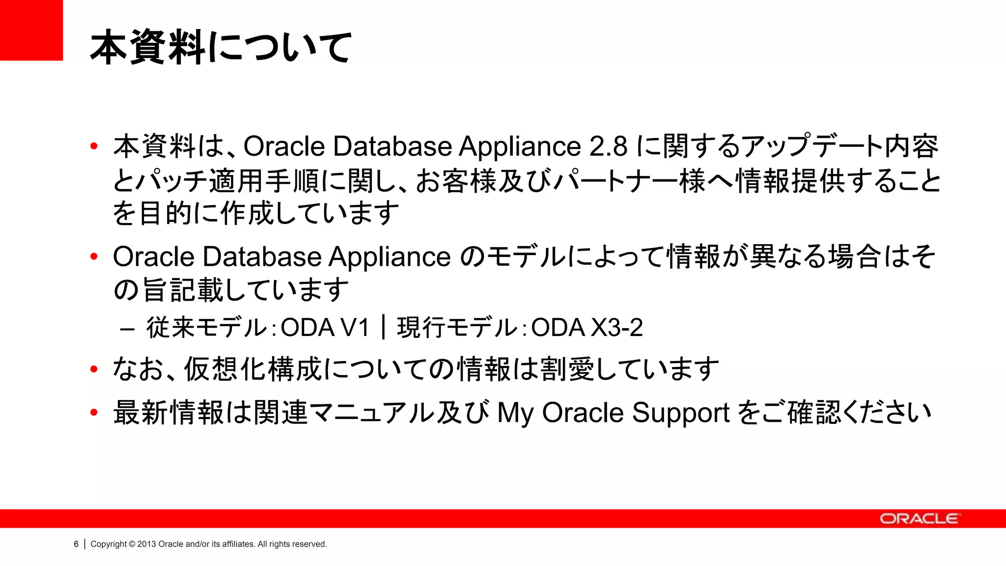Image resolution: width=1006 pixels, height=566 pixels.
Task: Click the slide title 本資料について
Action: (x=221, y=47)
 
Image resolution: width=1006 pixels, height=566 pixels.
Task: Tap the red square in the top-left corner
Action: (x=31, y=30)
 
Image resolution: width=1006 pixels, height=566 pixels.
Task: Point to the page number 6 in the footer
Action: (x=76, y=544)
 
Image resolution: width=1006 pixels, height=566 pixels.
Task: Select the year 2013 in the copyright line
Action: (x=146, y=544)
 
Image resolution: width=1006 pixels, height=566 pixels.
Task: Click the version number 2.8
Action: (x=608, y=146)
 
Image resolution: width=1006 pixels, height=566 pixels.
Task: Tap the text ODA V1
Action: (x=325, y=328)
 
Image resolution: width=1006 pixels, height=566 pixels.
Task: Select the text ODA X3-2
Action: (x=587, y=328)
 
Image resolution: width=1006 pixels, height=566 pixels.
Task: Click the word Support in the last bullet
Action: (x=680, y=413)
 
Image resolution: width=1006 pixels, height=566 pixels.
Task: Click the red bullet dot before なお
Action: (x=94, y=369)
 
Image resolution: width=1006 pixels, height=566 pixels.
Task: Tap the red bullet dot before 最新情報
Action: (x=94, y=413)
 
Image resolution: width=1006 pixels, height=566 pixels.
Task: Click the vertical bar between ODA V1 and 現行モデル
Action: (x=383, y=328)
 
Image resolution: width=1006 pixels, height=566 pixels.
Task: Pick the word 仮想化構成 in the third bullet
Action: (x=253, y=369)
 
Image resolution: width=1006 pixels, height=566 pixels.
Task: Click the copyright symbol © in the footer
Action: (x=132, y=544)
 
